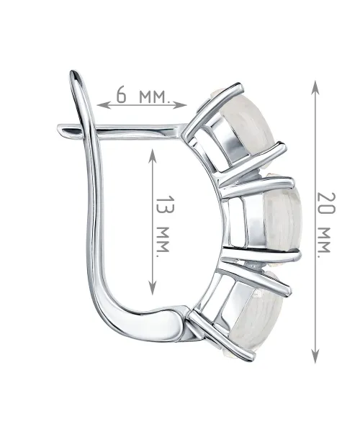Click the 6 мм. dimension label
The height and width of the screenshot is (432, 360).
[142, 95]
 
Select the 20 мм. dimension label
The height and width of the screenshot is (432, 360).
[326, 225]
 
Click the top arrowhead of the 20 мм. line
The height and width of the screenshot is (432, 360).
[315, 87]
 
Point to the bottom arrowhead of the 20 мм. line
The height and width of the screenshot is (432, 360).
[315, 356]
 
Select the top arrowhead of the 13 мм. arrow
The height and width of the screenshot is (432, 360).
[153, 156]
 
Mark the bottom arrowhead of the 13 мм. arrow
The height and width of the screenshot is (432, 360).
[153, 288]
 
